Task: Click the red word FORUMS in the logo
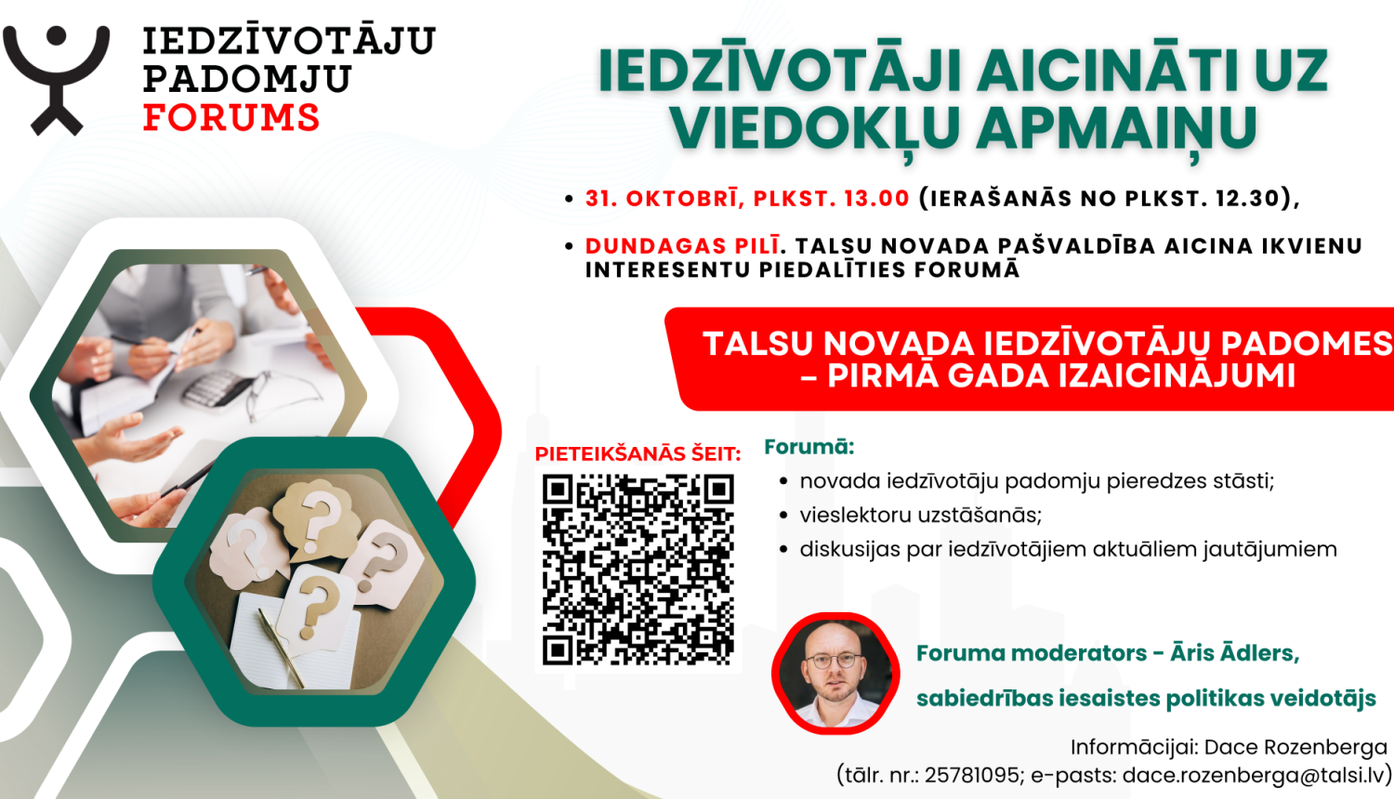tap(231, 118)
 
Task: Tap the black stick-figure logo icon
tap(57, 78)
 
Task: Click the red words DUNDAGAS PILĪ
tap(682, 246)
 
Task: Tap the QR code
tap(638, 570)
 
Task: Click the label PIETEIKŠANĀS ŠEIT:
tap(638, 454)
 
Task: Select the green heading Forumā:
tap(809, 447)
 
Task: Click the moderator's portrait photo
tap(835, 673)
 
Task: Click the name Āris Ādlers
tap(1234, 653)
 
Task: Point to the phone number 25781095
tap(971, 775)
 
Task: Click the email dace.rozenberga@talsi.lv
tap(1254, 775)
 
